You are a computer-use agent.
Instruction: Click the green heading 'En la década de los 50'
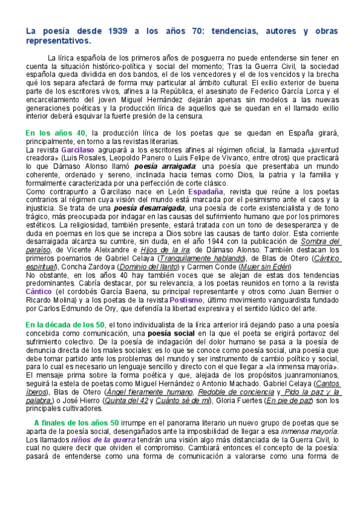click(65, 325)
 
